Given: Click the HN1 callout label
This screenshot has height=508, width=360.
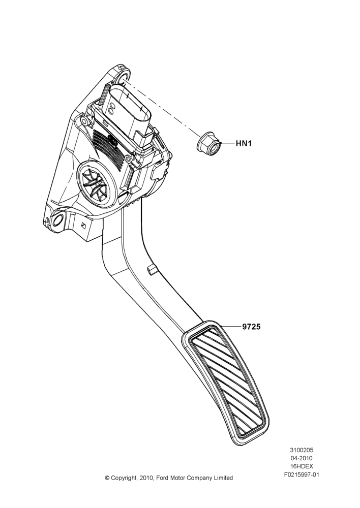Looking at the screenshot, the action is pos(244,143).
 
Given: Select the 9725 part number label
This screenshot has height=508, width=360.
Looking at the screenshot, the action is pos(251,327).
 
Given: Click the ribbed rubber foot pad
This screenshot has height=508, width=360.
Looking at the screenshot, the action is pos(225,383).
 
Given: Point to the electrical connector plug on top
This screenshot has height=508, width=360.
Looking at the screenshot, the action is pos(128,114).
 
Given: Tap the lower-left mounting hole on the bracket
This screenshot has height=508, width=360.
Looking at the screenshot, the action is pos(58,221).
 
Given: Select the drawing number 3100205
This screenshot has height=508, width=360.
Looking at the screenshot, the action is pos(302,450).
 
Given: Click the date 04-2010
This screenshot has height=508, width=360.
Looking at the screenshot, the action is pos(302,458).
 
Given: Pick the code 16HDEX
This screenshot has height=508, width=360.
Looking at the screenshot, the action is pos(302,466).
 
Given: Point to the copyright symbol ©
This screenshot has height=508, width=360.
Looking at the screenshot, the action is pos(107,478).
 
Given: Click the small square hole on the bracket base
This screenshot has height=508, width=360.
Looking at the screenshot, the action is pos(83,226).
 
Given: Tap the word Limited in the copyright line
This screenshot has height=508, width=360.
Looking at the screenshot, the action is pos(223,478).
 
